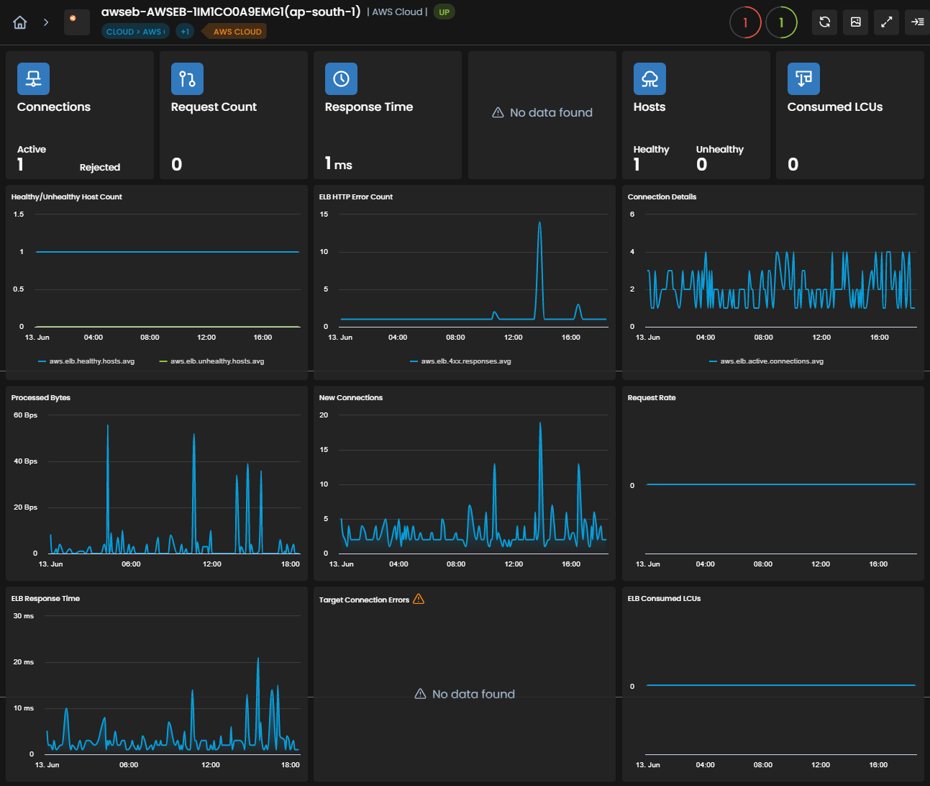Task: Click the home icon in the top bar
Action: [x=20, y=22]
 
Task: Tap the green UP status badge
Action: [x=444, y=12]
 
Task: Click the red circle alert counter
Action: [x=745, y=22]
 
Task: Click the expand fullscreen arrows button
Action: [x=886, y=22]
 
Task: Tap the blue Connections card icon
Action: [x=33, y=79]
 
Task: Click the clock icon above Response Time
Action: [x=341, y=79]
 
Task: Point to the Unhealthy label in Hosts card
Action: [x=720, y=149]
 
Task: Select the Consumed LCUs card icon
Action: [x=803, y=79]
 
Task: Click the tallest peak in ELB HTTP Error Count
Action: [x=539, y=222]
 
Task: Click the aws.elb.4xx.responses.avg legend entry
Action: [x=460, y=361]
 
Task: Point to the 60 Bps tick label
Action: [x=25, y=415]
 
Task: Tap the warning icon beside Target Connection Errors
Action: [x=419, y=599]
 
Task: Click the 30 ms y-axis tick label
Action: [x=24, y=616]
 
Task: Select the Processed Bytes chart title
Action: [x=40, y=398]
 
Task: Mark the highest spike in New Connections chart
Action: [x=540, y=423]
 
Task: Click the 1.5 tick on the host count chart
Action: [x=19, y=214]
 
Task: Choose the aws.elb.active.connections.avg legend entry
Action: [x=767, y=361]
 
